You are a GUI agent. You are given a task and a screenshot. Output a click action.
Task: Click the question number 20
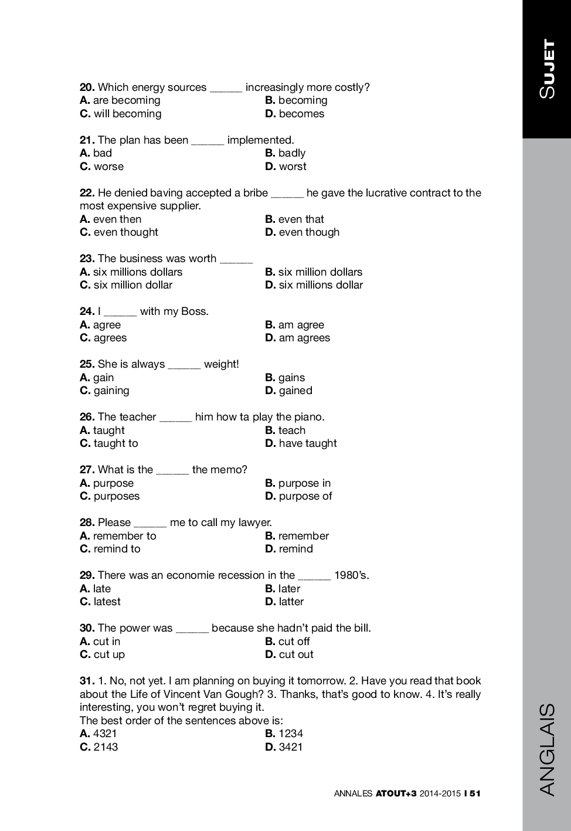pyautogui.click(x=87, y=87)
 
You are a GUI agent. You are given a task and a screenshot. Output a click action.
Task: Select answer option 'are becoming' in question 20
pyautogui.click(x=126, y=100)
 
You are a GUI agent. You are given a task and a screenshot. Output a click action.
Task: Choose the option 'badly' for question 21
pyautogui.click(x=291, y=153)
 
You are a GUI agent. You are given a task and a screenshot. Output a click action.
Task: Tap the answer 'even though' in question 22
pyautogui.click(x=308, y=232)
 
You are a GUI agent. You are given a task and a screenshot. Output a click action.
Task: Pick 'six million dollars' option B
pyautogui.click(x=320, y=272)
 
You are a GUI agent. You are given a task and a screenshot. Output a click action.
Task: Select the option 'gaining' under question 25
pyautogui.click(x=111, y=391)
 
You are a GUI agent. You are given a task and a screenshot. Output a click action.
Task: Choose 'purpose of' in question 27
pyautogui.click(x=305, y=496)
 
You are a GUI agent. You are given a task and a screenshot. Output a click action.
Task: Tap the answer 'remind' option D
pyautogui.click(x=295, y=549)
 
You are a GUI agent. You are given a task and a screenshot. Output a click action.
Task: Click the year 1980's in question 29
pyautogui.click(x=351, y=575)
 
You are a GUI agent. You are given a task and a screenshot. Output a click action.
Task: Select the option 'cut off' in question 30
pyautogui.click(x=294, y=642)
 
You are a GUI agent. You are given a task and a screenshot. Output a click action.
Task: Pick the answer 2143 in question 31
pyautogui.click(x=106, y=747)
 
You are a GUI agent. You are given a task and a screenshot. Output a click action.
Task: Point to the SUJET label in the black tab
pyautogui.click(x=547, y=69)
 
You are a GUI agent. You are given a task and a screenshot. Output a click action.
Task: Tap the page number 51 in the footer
pyautogui.click(x=474, y=793)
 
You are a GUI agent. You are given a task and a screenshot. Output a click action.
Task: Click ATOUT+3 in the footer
pyautogui.click(x=396, y=793)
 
